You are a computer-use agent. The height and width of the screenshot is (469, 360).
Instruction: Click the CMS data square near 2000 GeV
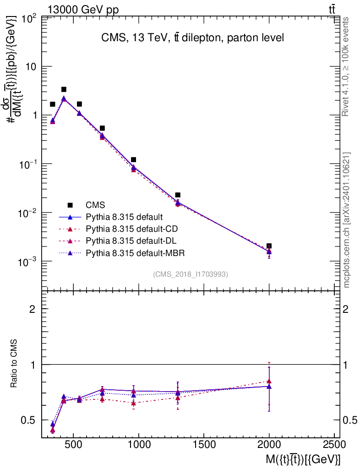[269, 246]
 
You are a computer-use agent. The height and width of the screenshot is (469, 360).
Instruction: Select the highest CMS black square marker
[64, 89]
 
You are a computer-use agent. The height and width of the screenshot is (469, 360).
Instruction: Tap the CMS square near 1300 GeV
[178, 195]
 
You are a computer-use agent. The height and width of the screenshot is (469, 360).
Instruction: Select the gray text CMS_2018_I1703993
[191, 274]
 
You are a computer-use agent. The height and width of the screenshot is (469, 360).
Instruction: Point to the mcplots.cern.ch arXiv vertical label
[347, 220]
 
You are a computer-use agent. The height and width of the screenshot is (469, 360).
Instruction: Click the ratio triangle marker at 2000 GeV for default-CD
[269, 381]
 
